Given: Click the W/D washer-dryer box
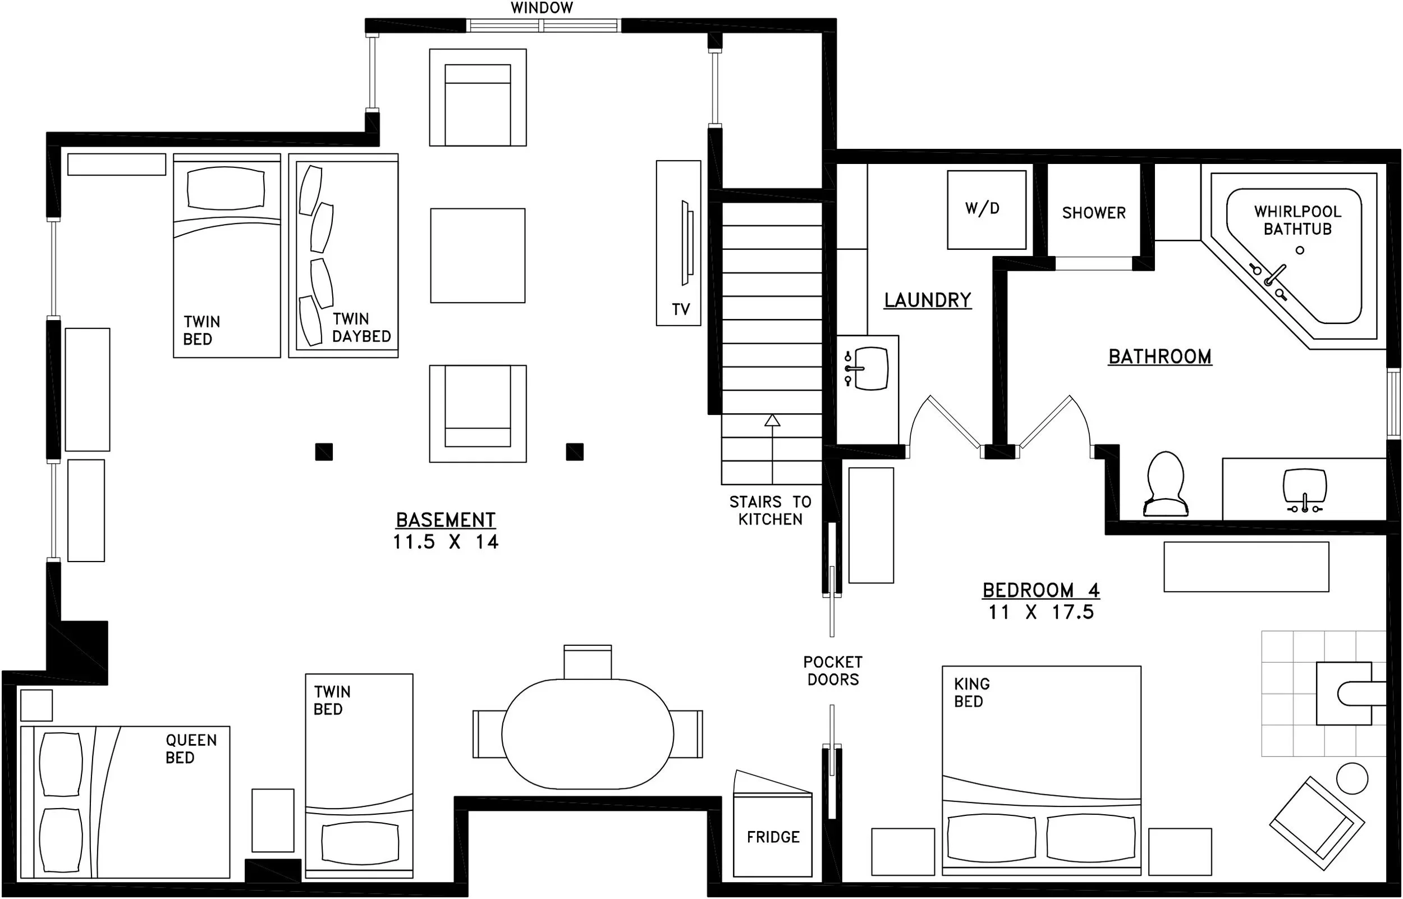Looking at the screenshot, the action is tap(987, 209).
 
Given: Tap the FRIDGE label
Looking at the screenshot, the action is tap(773, 837).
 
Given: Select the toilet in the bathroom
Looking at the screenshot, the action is tap(1166, 484).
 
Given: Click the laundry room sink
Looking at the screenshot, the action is tap(867, 368).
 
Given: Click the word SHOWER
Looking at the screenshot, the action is tap(1094, 213).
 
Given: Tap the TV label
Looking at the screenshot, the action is tap(681, 309).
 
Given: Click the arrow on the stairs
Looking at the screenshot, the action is tap(772, 449).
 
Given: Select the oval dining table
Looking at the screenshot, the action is tap(588, 734).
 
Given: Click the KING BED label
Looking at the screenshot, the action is tap(972, 692).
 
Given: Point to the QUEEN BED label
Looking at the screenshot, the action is tap(191, 749).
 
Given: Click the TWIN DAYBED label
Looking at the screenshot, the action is tap(361, 327).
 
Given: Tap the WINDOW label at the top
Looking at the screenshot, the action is tap(542, 8).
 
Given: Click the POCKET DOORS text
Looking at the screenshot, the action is tap(832, 671).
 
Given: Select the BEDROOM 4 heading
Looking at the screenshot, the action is tap(1042, 590).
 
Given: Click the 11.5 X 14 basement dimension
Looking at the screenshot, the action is tap(446, 542).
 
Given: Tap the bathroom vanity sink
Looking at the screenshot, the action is tap(1305, 491).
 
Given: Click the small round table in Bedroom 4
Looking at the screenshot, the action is tap(1352, 778).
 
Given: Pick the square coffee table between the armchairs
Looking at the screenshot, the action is tap(478, 255).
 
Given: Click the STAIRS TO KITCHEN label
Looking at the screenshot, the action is tap(770, 510).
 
